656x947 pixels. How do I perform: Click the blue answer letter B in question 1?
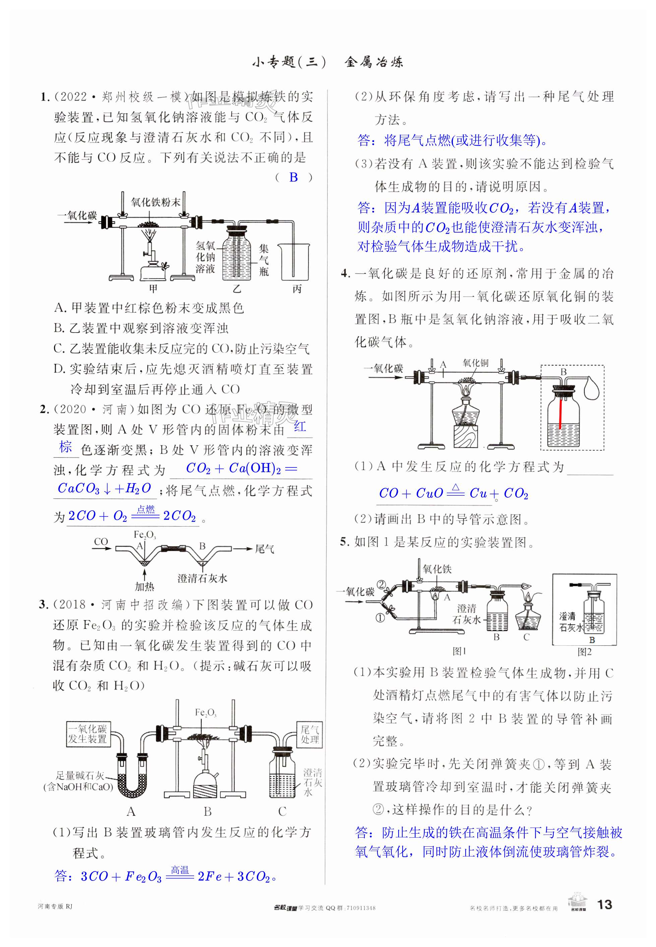click(x=294, y=177)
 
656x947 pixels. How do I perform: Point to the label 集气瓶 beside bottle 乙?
click(x=263, y=260)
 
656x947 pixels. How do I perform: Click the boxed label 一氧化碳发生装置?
click(x=87, y=734)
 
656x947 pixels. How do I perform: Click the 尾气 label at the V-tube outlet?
click(x=264, y=549)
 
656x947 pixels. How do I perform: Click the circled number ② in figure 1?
click(x=381, y=584)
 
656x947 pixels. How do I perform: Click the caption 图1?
click(x=459, y=651)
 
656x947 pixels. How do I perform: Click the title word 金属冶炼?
click(x=374, y=62)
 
